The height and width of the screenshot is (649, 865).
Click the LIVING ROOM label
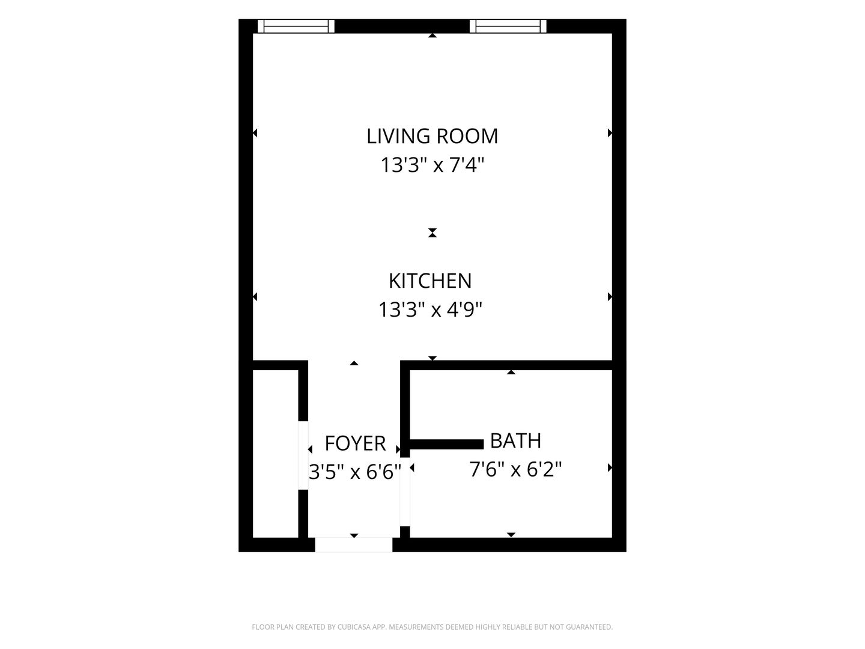tap(432, 136)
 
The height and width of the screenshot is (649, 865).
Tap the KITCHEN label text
tap(430, 281)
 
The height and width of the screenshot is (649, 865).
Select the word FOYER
tap(355, 443)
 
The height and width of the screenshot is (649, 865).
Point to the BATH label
tap(515, 440)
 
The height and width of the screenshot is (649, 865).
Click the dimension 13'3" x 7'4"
tap(432, 165)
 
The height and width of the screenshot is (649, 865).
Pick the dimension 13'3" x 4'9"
tap(430, 309)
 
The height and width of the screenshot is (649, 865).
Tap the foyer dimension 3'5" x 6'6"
tap(355, 472)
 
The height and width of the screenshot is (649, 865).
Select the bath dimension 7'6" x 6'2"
tap(515, 469)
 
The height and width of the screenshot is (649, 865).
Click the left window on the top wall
tap(296, 26)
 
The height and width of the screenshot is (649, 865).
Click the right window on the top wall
tap(508, 26)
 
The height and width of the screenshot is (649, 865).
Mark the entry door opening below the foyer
tap(353, 544)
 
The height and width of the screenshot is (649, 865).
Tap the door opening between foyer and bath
tap(405, 492)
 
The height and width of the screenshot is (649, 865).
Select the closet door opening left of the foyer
tap(303, 456)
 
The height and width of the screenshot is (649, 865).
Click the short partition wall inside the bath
tap(446, 444)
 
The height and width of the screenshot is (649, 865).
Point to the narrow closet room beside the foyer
tap(275, 454)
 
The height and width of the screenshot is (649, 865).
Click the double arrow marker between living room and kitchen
tap(432, 233)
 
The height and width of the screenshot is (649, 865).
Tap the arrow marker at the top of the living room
tap(432, 35)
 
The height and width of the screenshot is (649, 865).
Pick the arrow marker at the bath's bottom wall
tap(511, 535)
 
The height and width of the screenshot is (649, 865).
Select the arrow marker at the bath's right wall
tap(610, 468)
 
